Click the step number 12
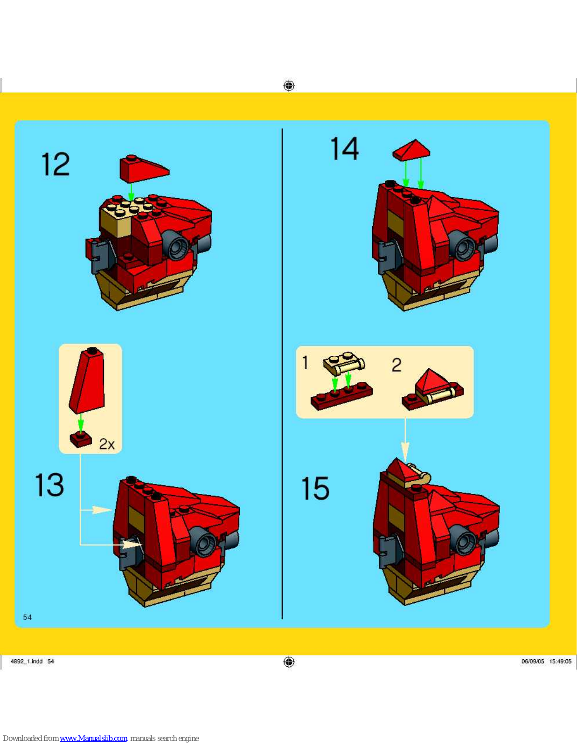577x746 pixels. [x=56, y=164]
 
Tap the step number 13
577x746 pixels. [x=49, y=484]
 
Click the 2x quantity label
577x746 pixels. [x=106, y=444]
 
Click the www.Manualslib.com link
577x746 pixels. [x=93, y=738]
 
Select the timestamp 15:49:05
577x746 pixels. [x=560, y=661]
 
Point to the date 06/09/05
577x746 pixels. [x=533, y=661]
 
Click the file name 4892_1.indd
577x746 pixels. [x=27, y=661]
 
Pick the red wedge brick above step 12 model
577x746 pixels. [x=144, y=168]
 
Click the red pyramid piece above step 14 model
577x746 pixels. [x=411, y=150]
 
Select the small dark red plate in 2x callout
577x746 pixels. [x=81, y=440]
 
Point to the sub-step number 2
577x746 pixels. [x=396, y=365]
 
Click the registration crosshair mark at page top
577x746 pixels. [x=289, y=85]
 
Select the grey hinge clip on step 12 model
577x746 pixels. [x=100, y=256]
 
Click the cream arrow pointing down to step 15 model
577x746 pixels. [x=405, y=440]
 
